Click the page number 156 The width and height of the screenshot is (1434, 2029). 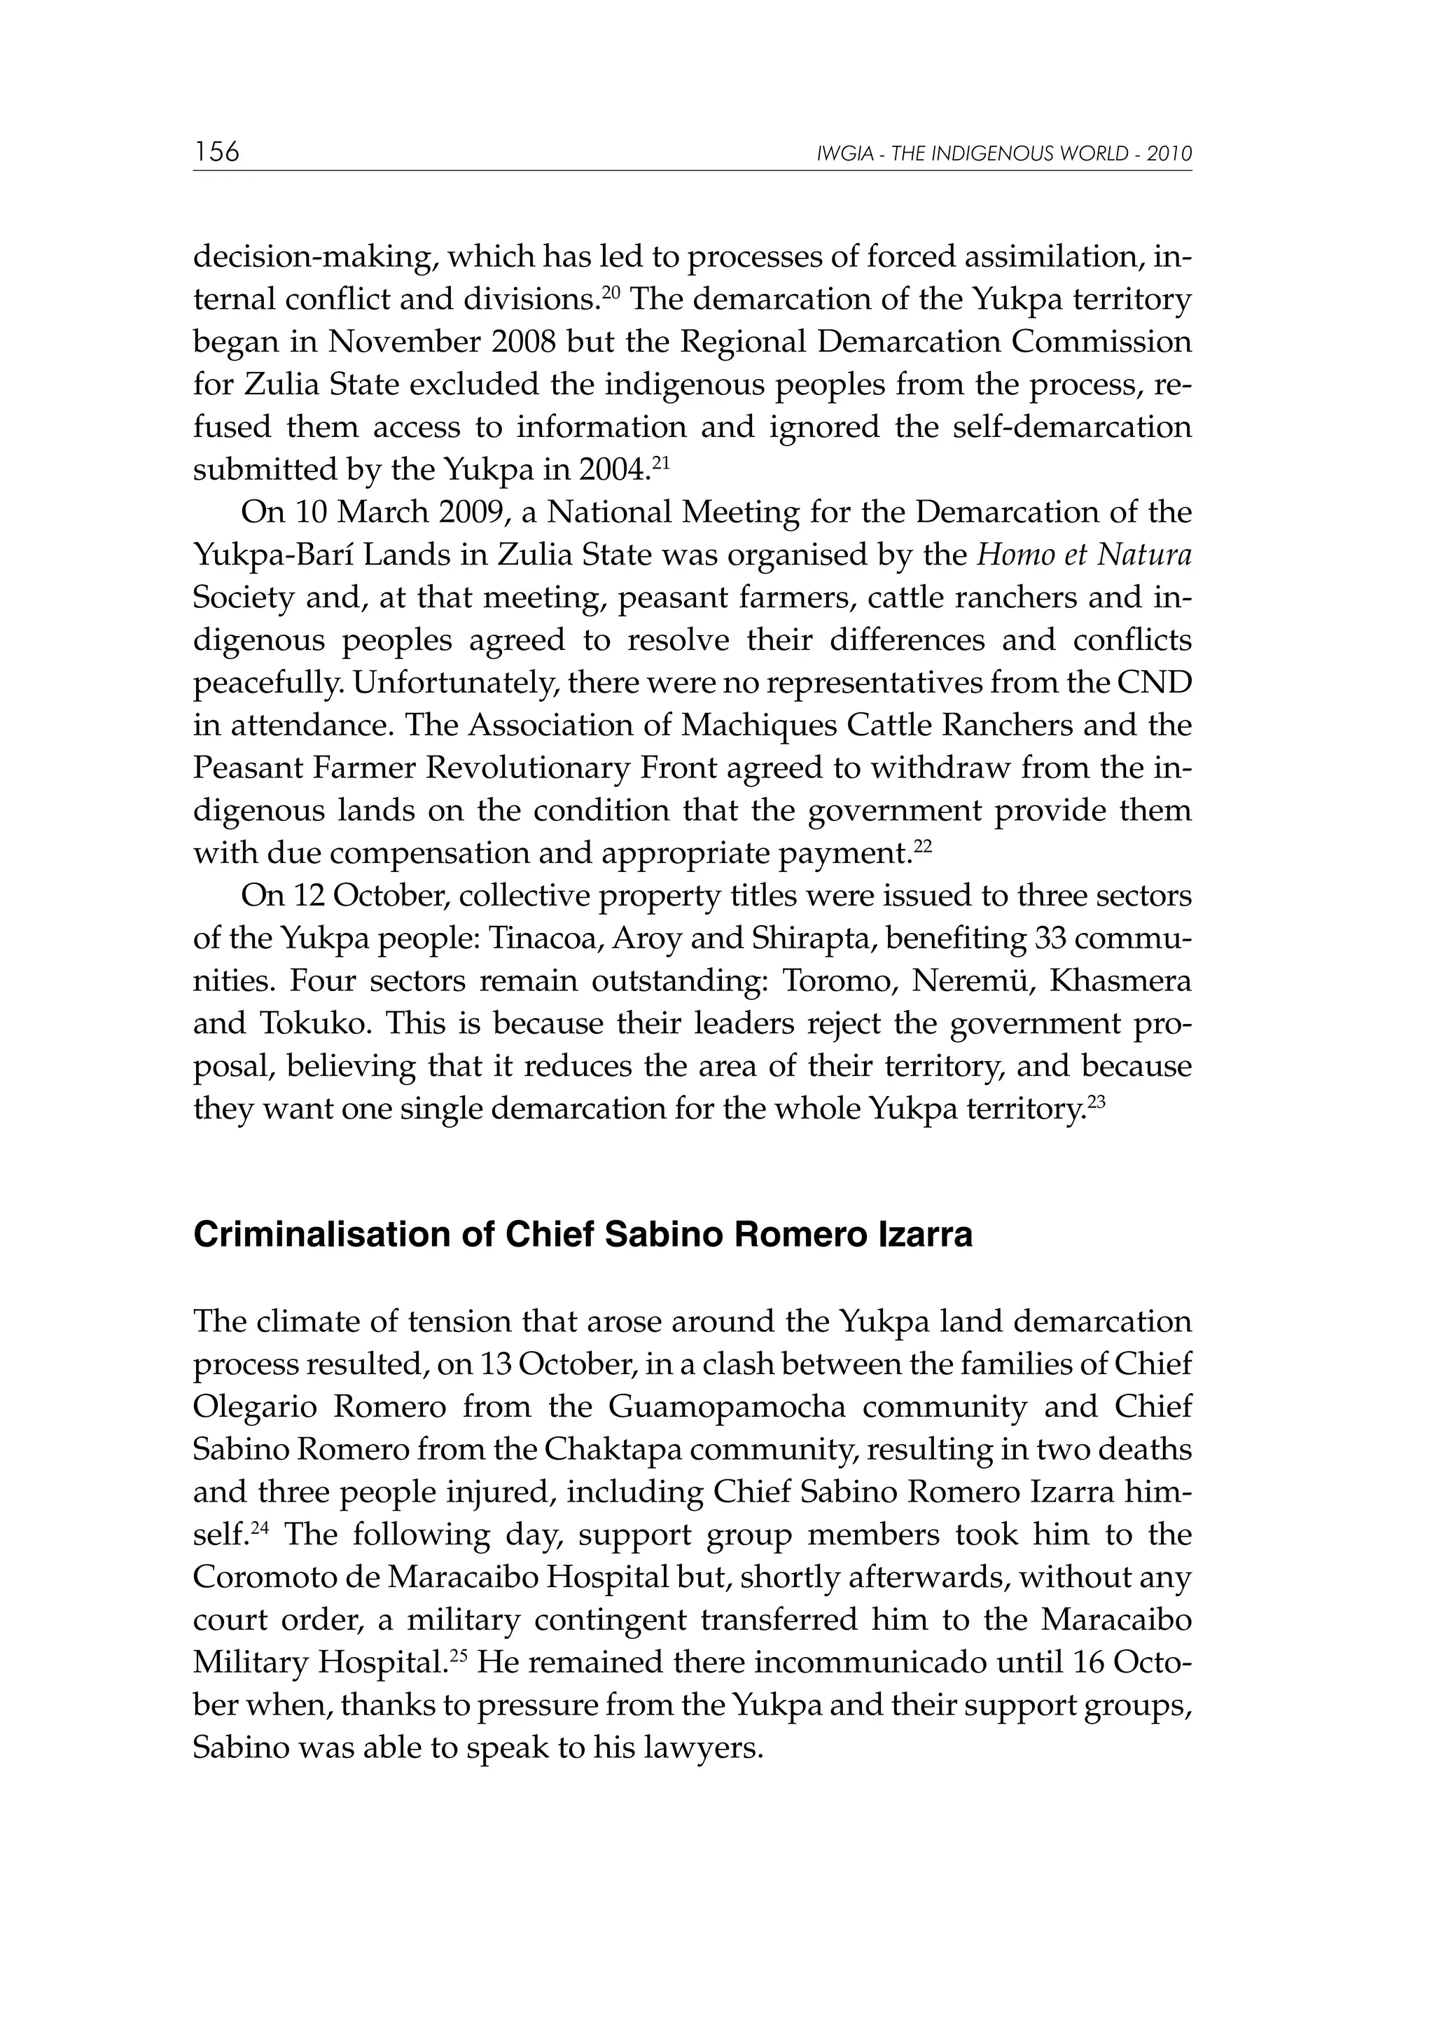(x=216, y=152)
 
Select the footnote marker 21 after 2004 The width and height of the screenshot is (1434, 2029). (x=660, y=462)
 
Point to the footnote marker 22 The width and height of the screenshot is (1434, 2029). (x=922, y=847)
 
